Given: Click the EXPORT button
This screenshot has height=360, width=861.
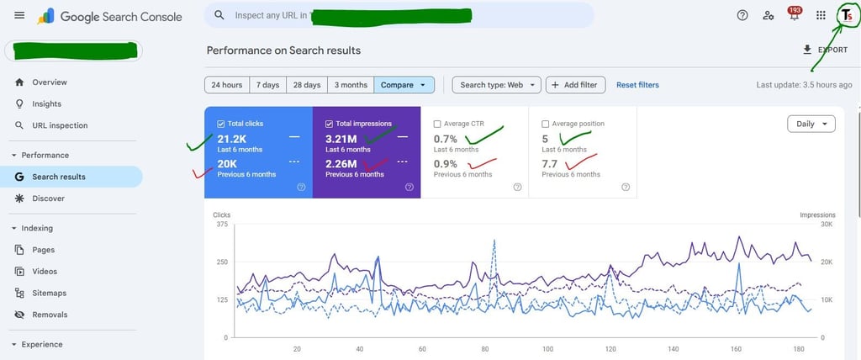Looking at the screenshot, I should (x=825, y=50).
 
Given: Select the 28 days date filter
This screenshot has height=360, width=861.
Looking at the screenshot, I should (x=307, y=85).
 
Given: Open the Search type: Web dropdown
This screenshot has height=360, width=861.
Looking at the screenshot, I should (x=496, y=85).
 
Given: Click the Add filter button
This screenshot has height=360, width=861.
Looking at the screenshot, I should (x=576, y=85).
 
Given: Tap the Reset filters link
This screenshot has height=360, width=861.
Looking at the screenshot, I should (x=637, y=85).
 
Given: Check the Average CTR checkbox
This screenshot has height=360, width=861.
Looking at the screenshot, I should (x=437, y=124).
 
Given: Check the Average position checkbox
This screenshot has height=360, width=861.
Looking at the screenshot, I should (x=546, y=124).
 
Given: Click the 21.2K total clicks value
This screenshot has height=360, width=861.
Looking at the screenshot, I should (x=231, y=139).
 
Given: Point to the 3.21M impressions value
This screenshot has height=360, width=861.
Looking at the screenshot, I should (x=341, y=139).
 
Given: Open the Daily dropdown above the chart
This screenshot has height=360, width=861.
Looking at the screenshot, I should (x=811, y=124).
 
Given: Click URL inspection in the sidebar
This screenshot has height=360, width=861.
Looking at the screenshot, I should (x=60, y=125).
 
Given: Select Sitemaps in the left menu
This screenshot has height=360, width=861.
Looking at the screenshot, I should (x=49, y=293).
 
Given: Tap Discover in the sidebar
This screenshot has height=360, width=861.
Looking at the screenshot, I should (x=48, y=199).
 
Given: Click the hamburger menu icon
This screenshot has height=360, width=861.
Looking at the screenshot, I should (x=19, y=16).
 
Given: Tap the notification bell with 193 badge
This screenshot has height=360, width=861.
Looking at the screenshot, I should (x=794, y=15).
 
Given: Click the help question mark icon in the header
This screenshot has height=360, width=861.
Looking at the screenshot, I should (x=742, y=15).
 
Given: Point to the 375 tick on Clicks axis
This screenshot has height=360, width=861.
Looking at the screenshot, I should (x=222, y=225).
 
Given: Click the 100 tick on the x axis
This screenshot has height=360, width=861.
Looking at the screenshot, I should (x=547, y=348).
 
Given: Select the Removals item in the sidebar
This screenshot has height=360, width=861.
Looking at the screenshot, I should (x=50, y=315).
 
